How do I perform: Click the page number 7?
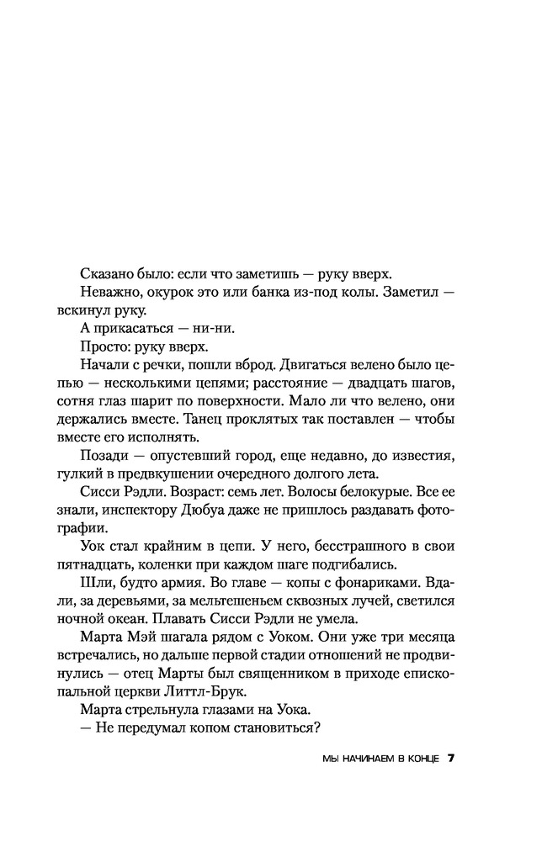pyautogui.click(x=450, y=758)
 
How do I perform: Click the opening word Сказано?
pyautogui.click(x=107, y=274)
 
